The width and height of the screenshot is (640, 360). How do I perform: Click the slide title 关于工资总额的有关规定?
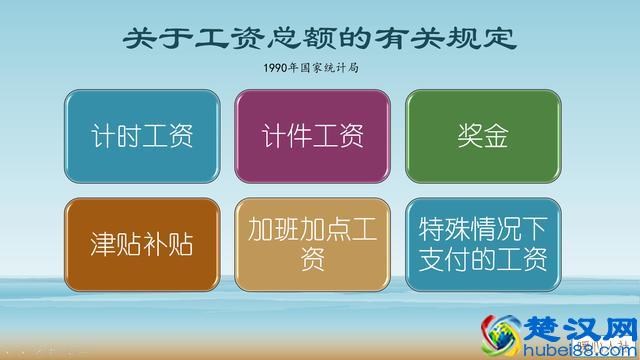(x=319, y=39)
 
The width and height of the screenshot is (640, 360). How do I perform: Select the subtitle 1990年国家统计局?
(x=319, y=70)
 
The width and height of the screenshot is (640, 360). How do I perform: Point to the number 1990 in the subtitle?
(x=277, y=70)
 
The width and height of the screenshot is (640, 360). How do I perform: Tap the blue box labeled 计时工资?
(x=142, y=136)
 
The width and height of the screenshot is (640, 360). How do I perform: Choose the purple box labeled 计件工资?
(x=312, y=136)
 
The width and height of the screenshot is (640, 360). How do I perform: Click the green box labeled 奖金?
(x=481, y=136)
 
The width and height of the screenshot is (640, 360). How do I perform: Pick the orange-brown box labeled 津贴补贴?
(x=142, y=245)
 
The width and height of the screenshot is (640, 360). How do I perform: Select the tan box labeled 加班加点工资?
(x=312, y=245)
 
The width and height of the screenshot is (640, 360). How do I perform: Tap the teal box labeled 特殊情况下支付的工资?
(x=481, y=245)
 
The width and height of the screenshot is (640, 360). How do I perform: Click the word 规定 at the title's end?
(x=482, y=39)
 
